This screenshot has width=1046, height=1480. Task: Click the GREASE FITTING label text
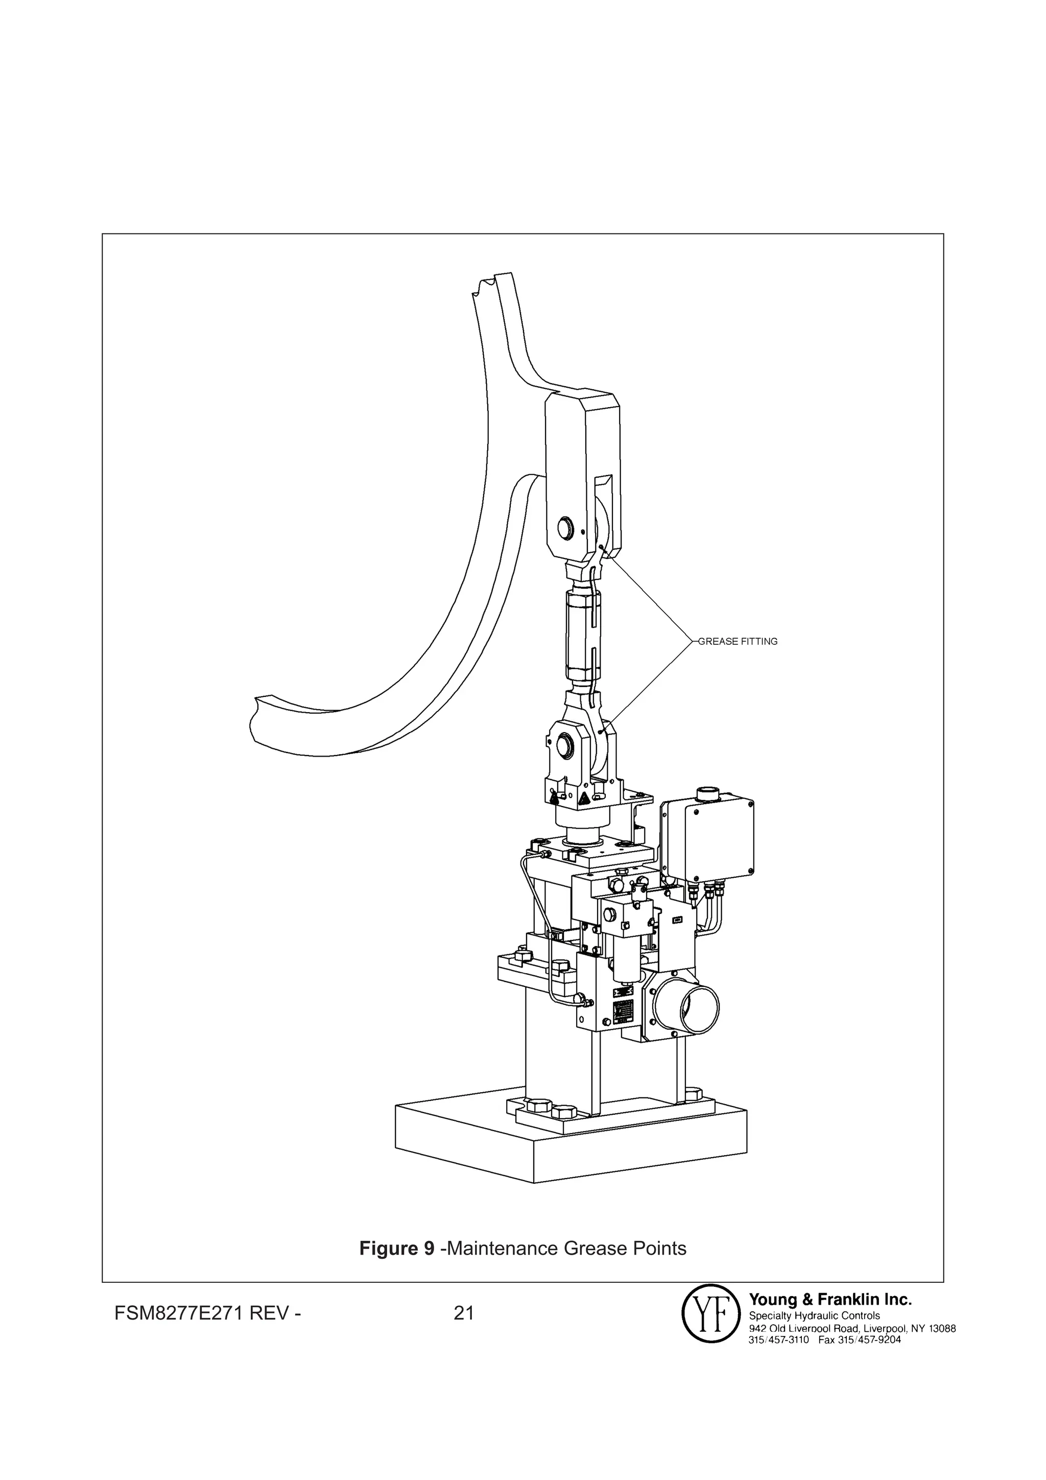pyautogui.click(x=738, y=641)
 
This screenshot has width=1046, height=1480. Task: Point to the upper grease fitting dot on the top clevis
pyautogui.click(x=601, y=546)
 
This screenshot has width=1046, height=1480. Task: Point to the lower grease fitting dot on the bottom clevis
pyautogui.click(x=601, y=732)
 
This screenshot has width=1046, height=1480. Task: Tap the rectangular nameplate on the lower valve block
pyautogui.click(x=623, y=1015)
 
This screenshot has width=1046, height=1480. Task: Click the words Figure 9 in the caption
pyautogui.click(x=396, y=1249)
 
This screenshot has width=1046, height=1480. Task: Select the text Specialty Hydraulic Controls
pyautogui.click(x=814, y=1315)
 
